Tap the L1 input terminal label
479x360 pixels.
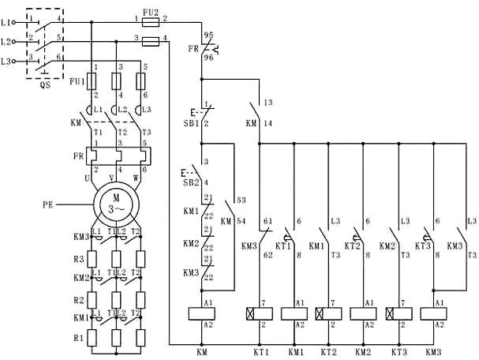click(6, 17)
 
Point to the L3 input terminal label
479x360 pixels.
click(6, 61)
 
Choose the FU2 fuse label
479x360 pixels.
click(153, 11)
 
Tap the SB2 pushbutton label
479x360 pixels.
click(191, 182)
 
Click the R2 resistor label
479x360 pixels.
click(78, 300)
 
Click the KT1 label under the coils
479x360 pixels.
click(260, 351)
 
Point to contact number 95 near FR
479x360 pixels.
click(209, 35)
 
